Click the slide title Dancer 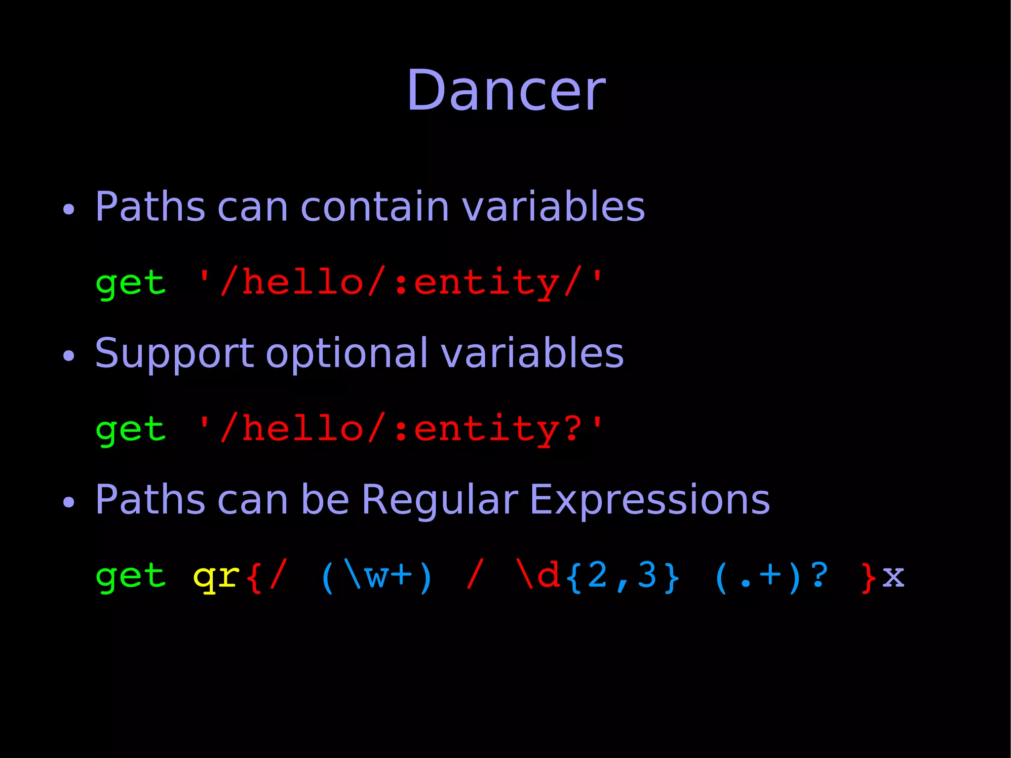click(505, 91)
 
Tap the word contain click(375, 206)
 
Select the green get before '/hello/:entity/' click(130, 283)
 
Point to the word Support click(174, 354)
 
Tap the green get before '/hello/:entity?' click(130, 430)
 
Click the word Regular click(439, 500)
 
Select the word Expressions click(649, 500)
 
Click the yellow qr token click(216, 576)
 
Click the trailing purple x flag click(893, 576)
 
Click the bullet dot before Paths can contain click(69, 209)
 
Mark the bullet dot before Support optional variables click(69, 356)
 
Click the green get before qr click(130, 576)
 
